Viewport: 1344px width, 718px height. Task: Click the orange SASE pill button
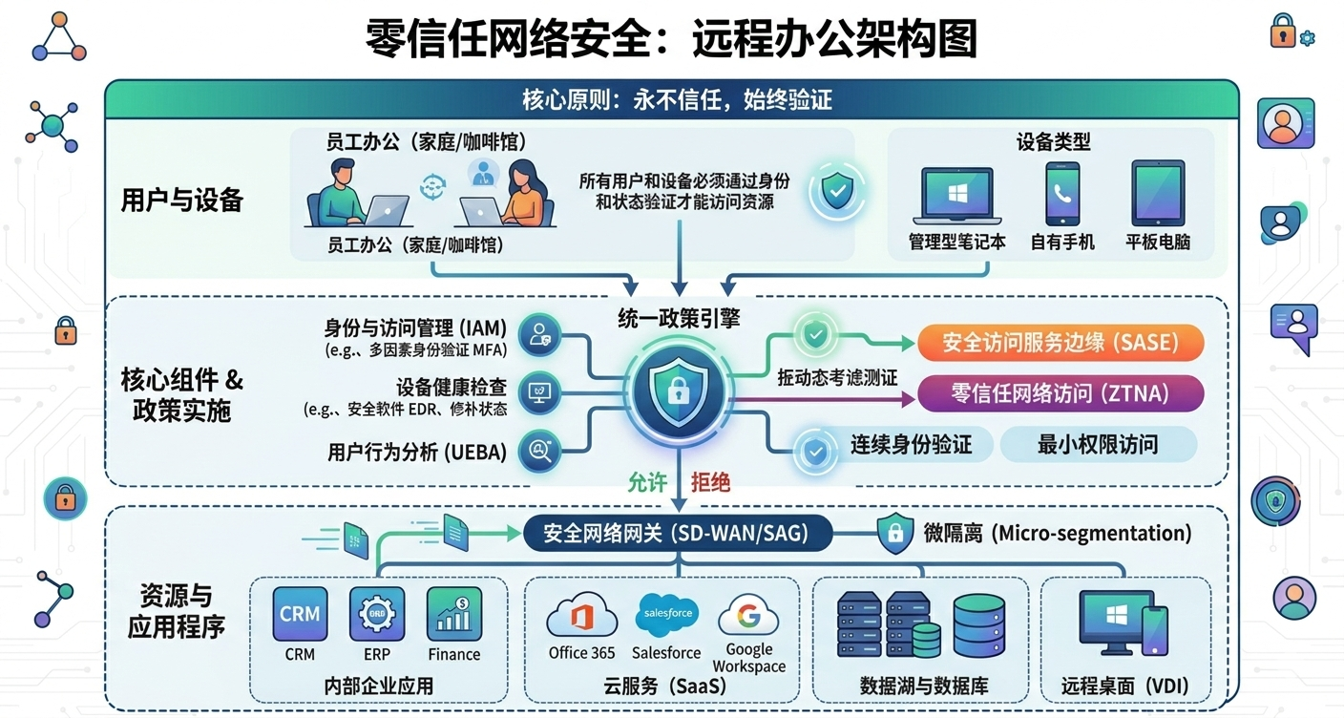1060,342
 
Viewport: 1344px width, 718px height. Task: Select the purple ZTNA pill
1060,392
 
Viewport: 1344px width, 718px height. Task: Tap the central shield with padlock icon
680,386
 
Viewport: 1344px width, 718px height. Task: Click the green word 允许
647,483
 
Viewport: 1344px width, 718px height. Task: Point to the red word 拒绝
710,483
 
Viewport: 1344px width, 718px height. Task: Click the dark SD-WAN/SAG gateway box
677,533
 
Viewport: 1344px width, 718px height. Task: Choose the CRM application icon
300,614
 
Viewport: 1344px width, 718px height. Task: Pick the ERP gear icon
377,614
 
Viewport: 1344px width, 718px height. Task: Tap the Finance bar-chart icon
453,614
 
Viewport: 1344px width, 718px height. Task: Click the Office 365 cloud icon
581,617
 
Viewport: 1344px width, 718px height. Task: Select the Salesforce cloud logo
666,614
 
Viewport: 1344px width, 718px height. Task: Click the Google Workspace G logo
748,617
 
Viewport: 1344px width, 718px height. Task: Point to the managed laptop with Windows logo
956,196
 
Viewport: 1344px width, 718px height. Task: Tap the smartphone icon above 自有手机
1062,194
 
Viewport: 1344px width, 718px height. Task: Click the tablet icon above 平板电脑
1158,193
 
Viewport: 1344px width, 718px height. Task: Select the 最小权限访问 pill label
1097,444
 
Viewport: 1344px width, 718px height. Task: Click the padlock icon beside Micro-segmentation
895,533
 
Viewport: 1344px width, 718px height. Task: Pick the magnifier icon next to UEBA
539,451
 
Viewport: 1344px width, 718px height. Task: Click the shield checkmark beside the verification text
837,192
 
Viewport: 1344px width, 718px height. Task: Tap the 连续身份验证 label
911,444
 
